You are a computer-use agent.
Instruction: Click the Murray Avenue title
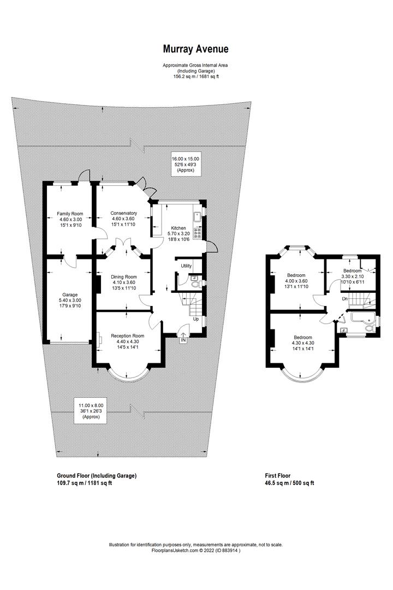pyautogui.click(x=196, y=49)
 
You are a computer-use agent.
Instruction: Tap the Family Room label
pyautogui.click(x=69, y=214)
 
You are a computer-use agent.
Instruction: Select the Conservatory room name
pyautogui.click(x=123, y=213)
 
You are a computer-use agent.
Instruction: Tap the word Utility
pyautogui.click(x=187, y=266)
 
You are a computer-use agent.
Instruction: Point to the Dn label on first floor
pyautogui.click(x=344, y=299)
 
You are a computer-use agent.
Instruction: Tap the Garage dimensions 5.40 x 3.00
pyautogui.click(x=69, y=300)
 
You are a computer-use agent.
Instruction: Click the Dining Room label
pyautogui.click(x=123, y=277)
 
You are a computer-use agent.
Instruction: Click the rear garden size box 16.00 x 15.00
pyautogui.click(x=185, y=162)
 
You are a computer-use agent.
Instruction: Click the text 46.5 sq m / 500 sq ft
pyautogui.click(x=289, y=483)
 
